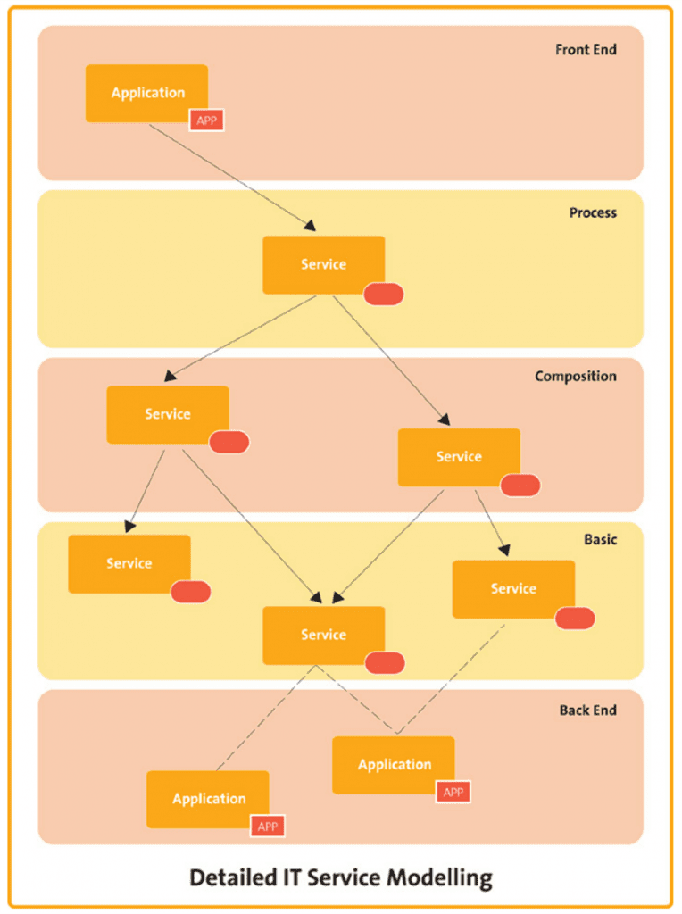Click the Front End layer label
click(x=586, y=50)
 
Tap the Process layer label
click(x=593, y=212)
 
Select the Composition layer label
click(x=576, y=377)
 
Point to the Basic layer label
click(x=601, y=539)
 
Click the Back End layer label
click(x=588, y=710)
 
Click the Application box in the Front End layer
click(x=147, y=93)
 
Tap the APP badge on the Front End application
click(x=206, y=120)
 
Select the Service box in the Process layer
click(x=323, y=264)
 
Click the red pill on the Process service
click(x=384, y=294)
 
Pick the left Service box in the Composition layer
click(x=168, y=414)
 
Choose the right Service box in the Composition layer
click(x=459, y=457)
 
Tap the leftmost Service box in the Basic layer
click(x=129, y=564)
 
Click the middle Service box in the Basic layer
click(x=323, y=636)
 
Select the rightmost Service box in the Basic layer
click(x=513, y=589)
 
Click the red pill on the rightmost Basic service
click(x=575, y=619)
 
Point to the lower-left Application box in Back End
click(x=207, y=799)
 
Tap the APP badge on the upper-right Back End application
click(x=453, y=793)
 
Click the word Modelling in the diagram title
click(x=440, y=878)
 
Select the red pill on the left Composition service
click(x=229, y=442)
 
